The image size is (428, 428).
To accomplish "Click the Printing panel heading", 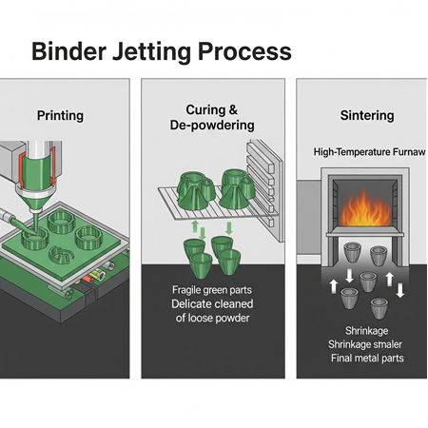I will tap(60, 116).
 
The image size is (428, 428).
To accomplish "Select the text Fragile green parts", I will tap(212, 289).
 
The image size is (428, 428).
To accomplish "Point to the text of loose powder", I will tap(212, 320).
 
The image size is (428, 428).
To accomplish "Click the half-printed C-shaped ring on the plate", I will tap(64, 253).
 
